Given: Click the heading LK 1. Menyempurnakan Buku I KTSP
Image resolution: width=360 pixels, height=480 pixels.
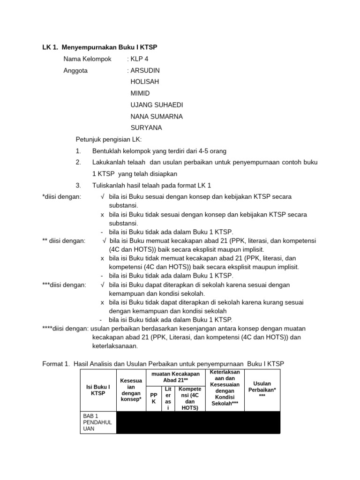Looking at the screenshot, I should coord(100,47).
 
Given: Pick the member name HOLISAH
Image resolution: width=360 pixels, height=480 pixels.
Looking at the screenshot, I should coord(145,82).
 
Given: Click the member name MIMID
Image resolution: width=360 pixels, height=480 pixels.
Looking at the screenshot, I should coord(140,93).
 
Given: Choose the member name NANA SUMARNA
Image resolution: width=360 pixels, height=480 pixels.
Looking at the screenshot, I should coord(157,116).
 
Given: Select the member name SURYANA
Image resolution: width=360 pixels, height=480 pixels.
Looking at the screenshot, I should coord(146,127).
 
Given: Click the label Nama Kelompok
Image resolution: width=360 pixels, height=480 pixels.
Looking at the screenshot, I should coord(87,59).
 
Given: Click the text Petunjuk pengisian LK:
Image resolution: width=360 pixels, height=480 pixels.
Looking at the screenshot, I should coord(108,139).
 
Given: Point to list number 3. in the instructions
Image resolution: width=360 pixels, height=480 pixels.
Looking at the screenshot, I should coord(78,185).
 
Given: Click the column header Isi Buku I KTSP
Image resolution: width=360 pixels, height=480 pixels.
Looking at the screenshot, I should coord(98,390).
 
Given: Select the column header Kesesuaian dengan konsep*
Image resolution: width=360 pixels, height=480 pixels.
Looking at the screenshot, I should coord(131,390).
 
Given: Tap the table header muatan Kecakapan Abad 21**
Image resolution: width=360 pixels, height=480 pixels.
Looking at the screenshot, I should coord(175,377).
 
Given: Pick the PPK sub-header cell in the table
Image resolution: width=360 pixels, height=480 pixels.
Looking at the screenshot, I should coord(154,398).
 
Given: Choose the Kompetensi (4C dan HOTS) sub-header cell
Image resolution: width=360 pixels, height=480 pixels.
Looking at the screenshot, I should coord(190,398).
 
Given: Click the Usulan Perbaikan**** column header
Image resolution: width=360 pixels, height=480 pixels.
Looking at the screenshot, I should coord(262,390).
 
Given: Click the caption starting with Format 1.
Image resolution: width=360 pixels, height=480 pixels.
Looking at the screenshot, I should coord(163,364).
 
